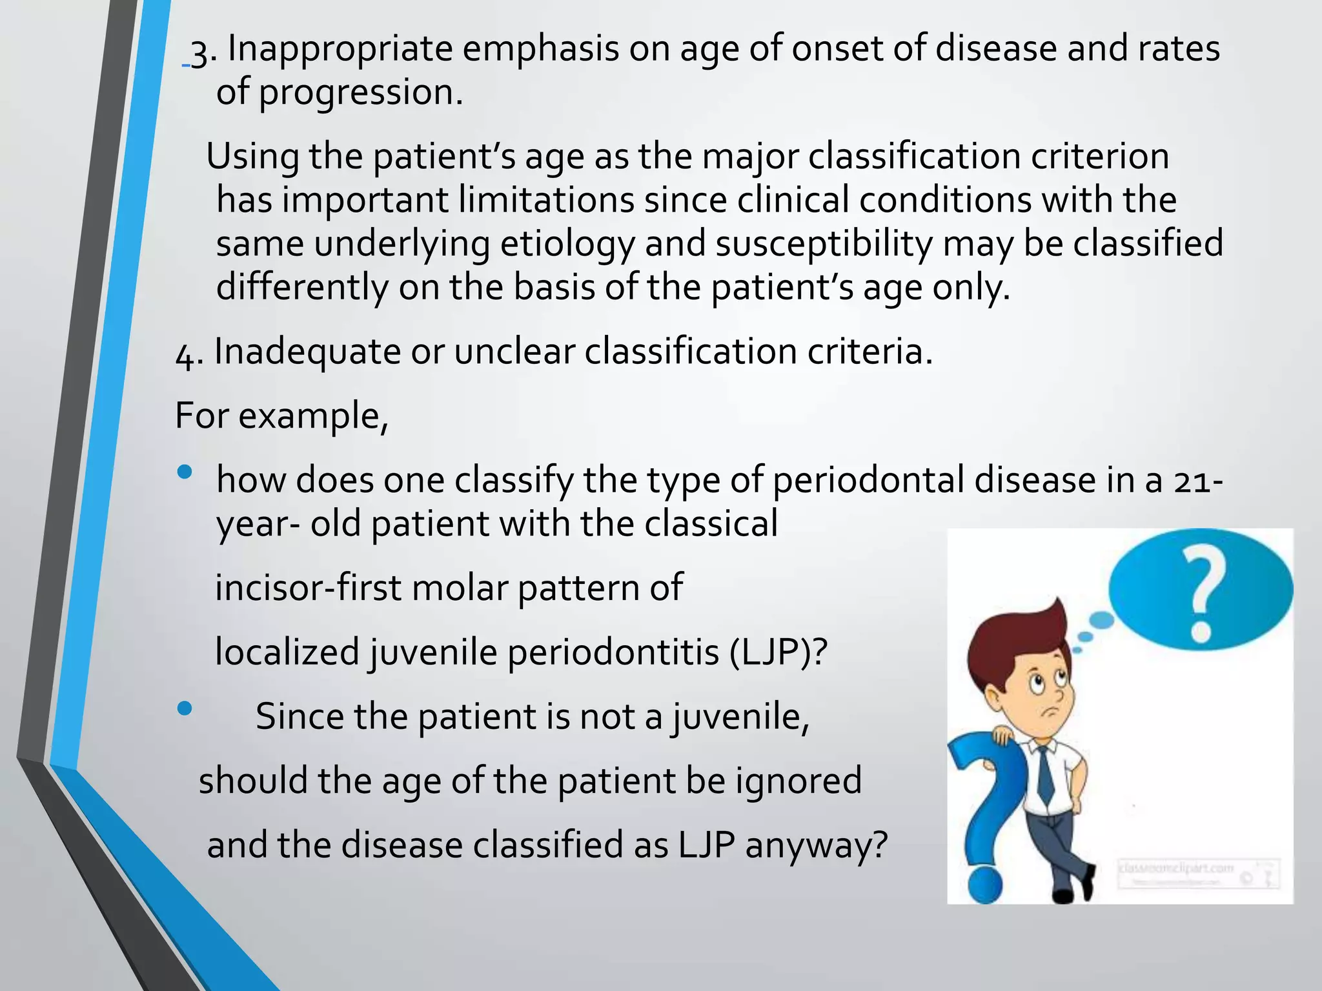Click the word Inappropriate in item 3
(340, 50)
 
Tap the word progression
(360, 93)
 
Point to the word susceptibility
(824, 245)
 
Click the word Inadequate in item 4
(307, 352)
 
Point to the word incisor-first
(308, 588)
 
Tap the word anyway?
(816, 845)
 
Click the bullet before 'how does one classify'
(185, 472)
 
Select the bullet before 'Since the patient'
(185, 709)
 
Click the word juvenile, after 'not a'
(740, 717)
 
